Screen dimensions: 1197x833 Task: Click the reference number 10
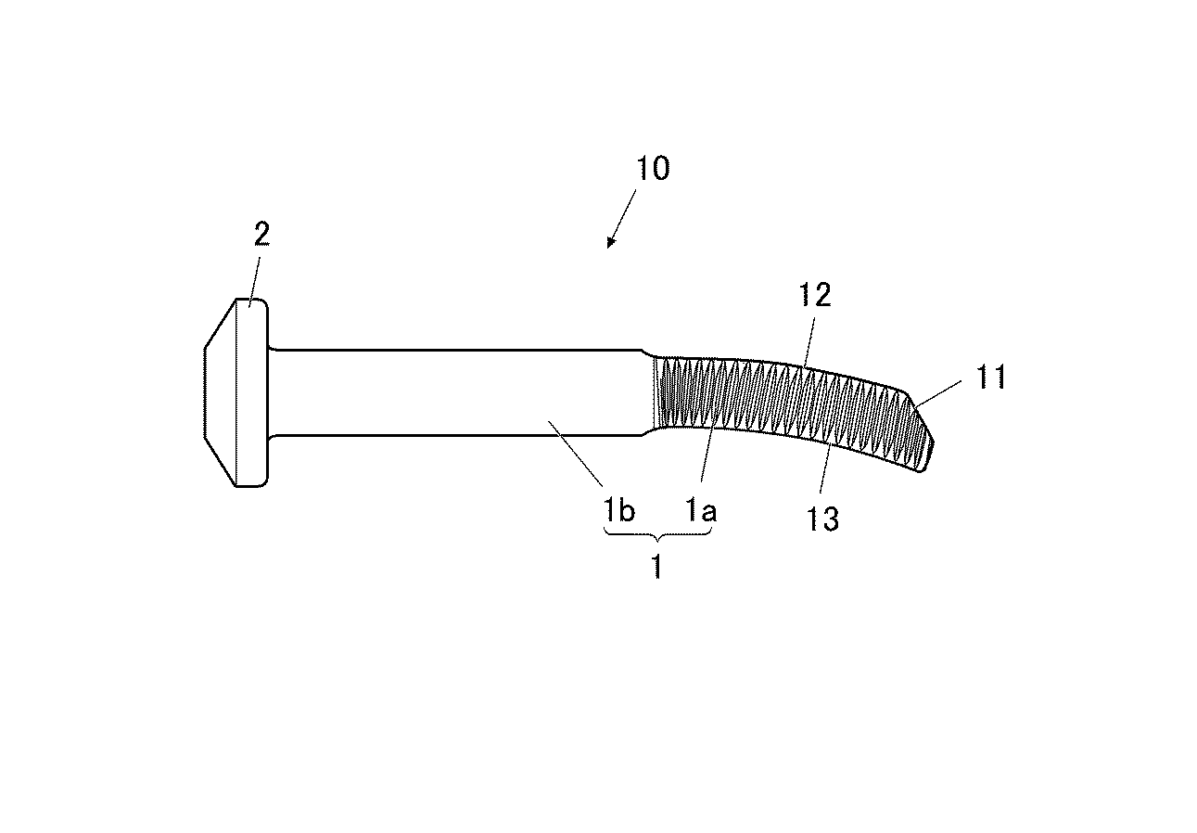(653, 168)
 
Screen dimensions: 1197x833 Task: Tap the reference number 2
(261, 234)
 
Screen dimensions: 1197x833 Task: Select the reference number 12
(815, 295)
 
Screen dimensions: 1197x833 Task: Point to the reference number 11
(991, 377)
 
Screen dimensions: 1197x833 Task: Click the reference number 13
(822, 519)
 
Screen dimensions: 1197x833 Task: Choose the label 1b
(619, 509)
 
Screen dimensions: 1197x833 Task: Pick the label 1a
(701, 509)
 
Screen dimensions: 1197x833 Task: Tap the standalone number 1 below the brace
(657, 567)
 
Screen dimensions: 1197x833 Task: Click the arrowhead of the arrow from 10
(611, 243)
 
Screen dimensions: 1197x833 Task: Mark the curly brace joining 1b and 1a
(657, 536)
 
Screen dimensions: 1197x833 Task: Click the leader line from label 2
(254, 282)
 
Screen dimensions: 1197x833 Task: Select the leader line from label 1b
(576, 454)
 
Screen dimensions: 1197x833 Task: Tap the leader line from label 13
(825, 468)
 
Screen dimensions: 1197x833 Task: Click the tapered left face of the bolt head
(220, 393)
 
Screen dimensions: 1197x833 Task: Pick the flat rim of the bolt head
(251, 393)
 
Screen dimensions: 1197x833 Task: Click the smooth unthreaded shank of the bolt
(460, 392)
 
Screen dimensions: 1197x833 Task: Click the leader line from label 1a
(708, 450)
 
